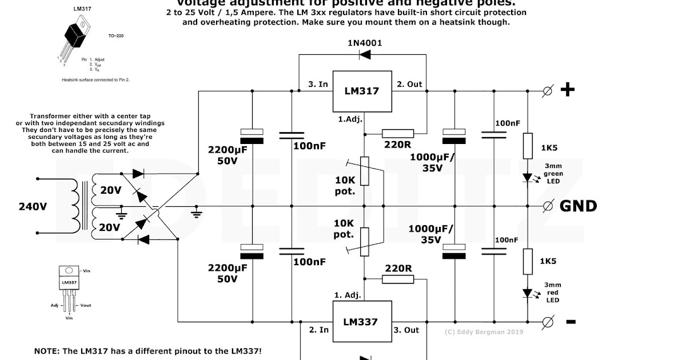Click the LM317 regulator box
pos(361,91)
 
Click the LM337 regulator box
pos(360,322)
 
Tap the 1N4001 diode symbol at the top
pos(364,55)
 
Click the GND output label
pos(578,206)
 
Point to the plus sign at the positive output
pos(567,90)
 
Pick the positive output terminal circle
pos(547,91)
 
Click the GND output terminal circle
pos(547,206)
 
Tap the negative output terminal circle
pos(547,321)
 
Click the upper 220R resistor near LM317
pos(398,133)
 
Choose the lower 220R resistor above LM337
pos(398,279)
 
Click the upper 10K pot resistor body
pos(364,171)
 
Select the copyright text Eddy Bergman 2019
pos(484,331)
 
